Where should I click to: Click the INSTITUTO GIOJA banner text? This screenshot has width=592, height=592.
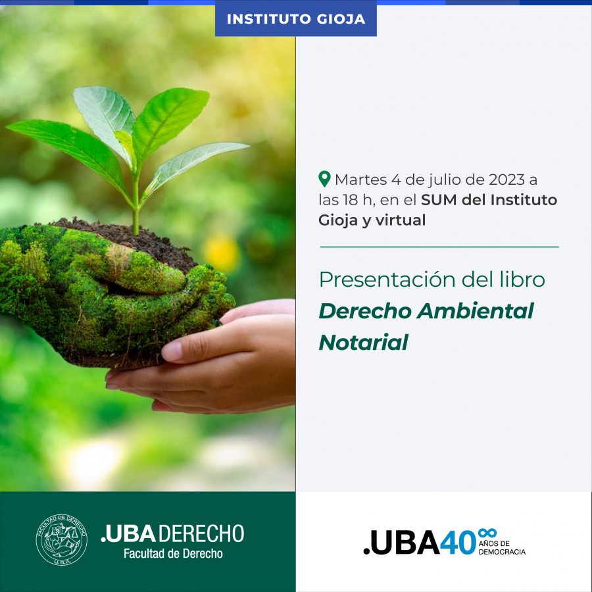(295, 19)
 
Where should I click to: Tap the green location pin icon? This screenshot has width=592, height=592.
(324, 179)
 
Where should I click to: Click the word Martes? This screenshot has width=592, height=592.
(360, 180)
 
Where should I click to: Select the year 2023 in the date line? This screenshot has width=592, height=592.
(506, 180)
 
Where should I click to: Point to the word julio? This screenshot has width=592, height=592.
(445, 180)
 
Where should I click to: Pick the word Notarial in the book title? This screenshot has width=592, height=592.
(363, 342)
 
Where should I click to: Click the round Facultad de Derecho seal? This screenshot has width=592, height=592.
(62, 539)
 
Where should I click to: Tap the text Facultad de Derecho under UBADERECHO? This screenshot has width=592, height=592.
(173, 553)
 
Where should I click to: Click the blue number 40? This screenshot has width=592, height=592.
(458, 543)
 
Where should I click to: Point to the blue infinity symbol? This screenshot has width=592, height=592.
(487, 533)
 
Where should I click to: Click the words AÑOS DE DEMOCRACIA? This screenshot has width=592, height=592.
(502, 547)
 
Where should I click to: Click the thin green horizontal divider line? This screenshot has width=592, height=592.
(439, 247)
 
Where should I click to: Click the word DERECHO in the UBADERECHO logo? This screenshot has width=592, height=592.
(201, 533)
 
